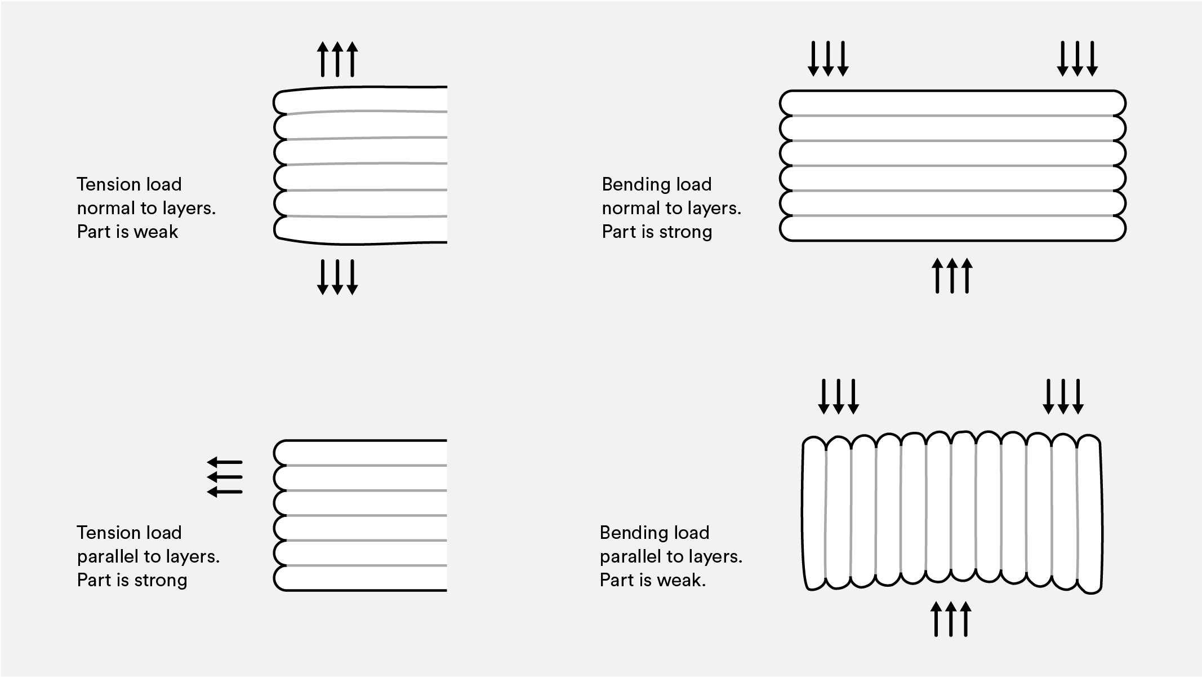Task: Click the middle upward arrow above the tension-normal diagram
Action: pos(337,59)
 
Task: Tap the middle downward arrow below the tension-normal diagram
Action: pos(337,277)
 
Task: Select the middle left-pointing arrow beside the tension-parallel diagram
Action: pos(225,477)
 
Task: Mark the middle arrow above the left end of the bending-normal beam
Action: pos(828,59)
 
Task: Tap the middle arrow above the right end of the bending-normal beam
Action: pos(1077,59)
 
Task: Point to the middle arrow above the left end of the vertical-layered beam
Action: pos(839,397)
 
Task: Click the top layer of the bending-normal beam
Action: pos(952,103)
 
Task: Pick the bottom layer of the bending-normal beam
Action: pos(952,228)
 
